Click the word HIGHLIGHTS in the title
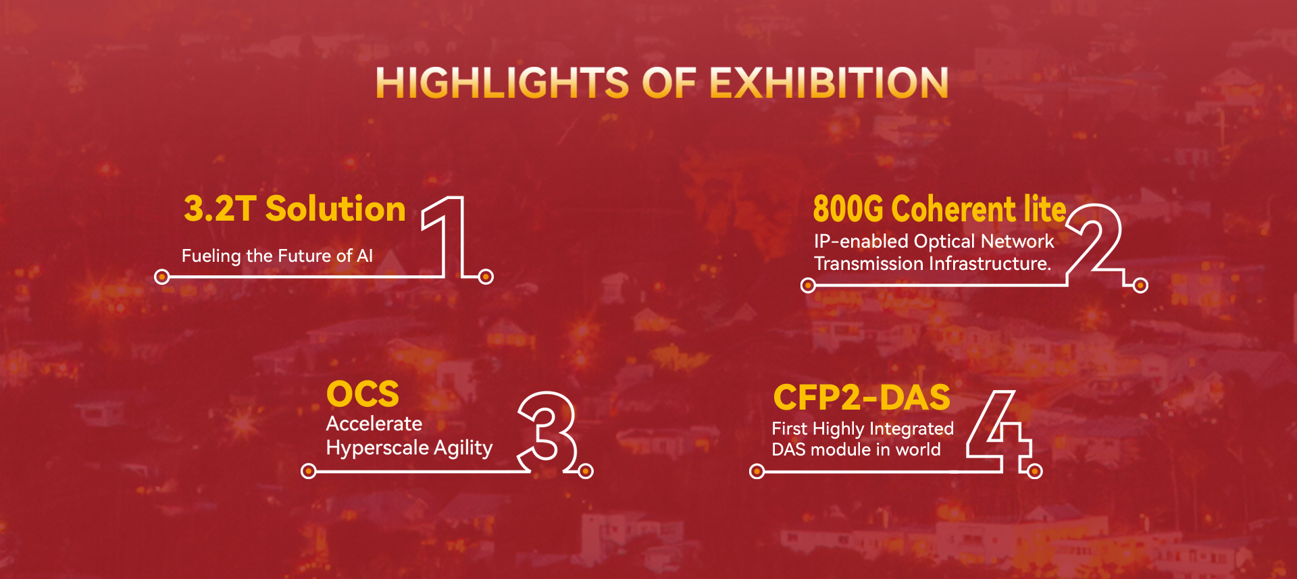click(503, 82)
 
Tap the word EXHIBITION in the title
click(829, 82)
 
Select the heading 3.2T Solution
click(295, 209)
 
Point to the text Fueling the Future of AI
click(277, 256)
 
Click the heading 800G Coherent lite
click(940, 209)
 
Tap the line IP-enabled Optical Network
click(934, 241)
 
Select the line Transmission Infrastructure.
click(932, 263)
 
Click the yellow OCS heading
click(363, 394)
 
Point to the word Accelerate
click(374, 424)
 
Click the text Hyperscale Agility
click(409, 448)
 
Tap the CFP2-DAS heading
click(862, 397)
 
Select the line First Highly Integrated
click(863, 429)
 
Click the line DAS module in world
click(856, 449)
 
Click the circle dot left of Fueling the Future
click(162, 277)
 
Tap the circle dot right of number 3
click(586, 471)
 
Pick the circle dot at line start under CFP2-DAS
click(757, 471)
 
